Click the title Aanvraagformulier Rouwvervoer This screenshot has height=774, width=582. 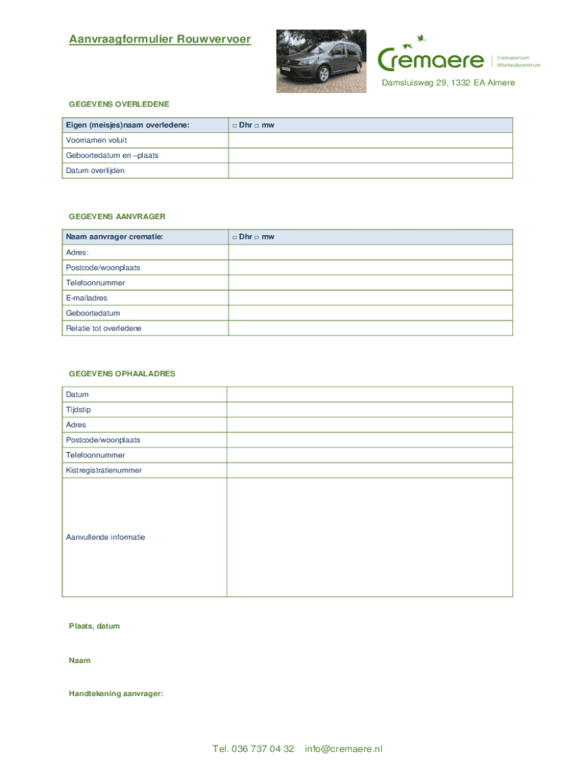[x=159, y=39]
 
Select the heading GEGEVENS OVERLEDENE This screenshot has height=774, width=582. [x=119, y=104]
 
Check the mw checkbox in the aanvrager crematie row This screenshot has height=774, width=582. [x=257, y=237]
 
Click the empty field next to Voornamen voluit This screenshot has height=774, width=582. [x=370, y=141]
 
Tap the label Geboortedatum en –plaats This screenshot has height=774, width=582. [x=112, y=156]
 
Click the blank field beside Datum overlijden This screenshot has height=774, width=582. [x=370, y=171]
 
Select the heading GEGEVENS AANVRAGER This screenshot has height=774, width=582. [x=117, y=217]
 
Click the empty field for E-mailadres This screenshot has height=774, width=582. [x=370, y=298]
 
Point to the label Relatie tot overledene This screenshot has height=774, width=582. [x=104, y=328]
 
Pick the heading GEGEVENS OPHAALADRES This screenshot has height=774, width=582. [x=122, y=374]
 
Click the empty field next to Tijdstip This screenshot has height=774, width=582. [x=370, y=410]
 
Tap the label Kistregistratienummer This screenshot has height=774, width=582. [x=104, y=470]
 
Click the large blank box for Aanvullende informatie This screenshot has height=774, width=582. [x=370, y=537]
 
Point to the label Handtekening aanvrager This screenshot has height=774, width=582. [x=116, y=694]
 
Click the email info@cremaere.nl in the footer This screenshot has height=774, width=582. [x=344, y=749]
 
